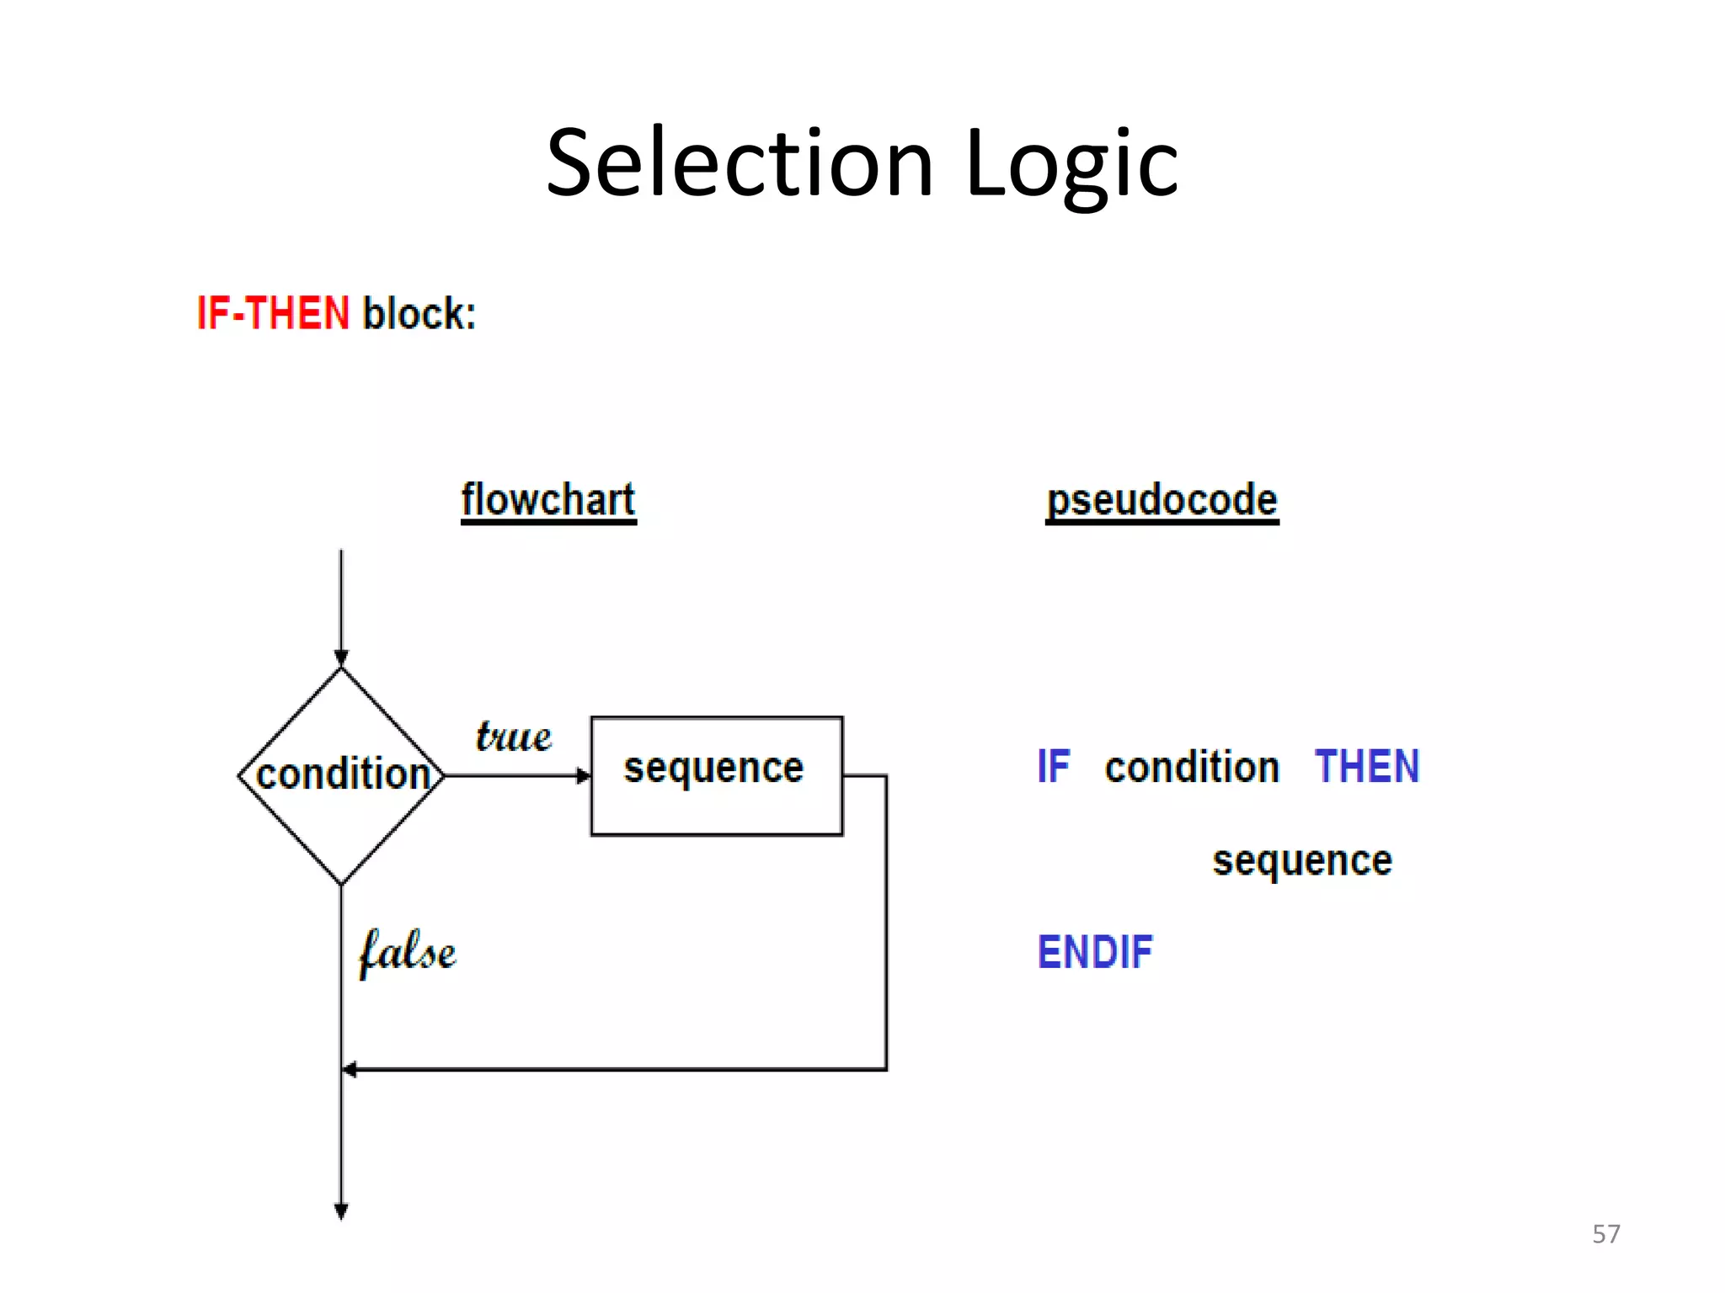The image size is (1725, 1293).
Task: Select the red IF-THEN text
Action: click(273, 313)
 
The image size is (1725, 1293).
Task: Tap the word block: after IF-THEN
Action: click(419, 313)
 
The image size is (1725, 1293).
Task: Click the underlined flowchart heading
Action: click(548, 500)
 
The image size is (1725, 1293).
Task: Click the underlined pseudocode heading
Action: click(1162, 500)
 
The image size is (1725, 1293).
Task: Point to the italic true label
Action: click(514, 737)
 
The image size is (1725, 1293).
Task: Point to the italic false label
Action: click(407, 952)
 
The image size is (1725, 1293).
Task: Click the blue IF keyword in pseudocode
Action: click(1053, 767)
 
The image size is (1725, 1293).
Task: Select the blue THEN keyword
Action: click(1366, 767)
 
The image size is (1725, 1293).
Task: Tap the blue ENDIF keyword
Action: click(1094, 952)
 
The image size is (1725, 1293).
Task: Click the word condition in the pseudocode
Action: click(1192, 767)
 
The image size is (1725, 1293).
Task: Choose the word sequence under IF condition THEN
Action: click(1302, 860)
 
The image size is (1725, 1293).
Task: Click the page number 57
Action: click(1605, 1234)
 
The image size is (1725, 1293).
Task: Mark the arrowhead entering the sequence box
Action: click(584, 775)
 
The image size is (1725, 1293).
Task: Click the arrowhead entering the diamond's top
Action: click(341, 658)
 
